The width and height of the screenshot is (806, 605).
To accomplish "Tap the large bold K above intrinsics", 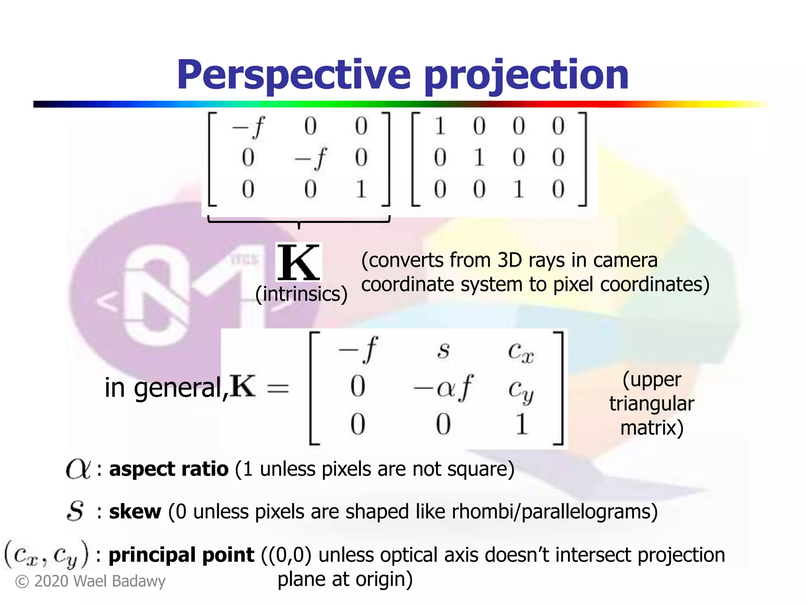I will pyautogui.click(x=298, y=262).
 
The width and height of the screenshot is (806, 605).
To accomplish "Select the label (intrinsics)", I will pyautogui.click(x=301, y=294).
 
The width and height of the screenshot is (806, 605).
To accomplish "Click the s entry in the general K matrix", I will pyautogui.click(x=444, y=350).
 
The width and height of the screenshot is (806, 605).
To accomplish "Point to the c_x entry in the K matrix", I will pyautogui.click(x=520, y=351).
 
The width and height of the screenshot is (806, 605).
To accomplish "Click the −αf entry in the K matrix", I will pyautogui.click(x=443, y=388).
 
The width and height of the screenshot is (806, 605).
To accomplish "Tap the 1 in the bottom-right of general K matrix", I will pyautogui.click(x=521, y=424).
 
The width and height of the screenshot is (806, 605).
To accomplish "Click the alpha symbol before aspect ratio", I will pyautogui.click(x=78, y=469).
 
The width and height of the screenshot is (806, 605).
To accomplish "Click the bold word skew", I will pyautogui.click(x=135, y=512).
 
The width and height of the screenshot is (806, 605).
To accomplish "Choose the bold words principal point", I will pyautogui.click(x=181, y=555).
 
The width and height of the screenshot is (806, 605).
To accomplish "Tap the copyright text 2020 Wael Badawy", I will pyautogui.click(x=91, y=581).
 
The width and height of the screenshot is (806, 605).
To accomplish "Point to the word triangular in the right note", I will pyautogui.click(x=652, y=404).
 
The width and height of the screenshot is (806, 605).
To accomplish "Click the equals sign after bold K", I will pyautogui.click(x=278, y=388).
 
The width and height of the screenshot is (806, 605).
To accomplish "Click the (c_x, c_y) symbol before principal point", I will pyautogui.click(x=46, y=555).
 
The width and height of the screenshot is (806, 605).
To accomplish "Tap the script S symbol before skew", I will pyautogui.click(x=75, y=511).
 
